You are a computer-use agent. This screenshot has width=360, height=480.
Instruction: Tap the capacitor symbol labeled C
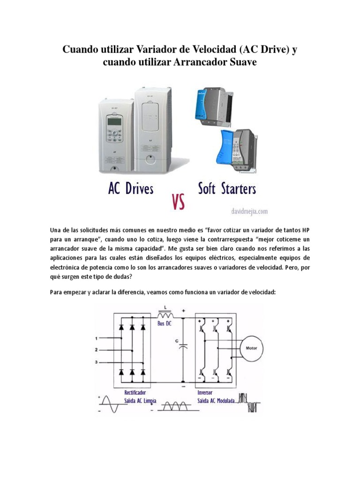184,347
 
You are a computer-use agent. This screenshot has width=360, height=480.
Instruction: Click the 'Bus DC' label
165,324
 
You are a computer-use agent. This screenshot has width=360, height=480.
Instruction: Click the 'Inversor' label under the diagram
205,392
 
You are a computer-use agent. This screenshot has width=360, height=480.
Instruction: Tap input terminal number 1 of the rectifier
97,337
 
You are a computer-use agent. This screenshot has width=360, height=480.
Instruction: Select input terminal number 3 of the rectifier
97,362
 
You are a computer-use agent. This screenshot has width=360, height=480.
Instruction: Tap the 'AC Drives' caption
131,189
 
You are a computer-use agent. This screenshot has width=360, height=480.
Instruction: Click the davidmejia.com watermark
249,211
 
